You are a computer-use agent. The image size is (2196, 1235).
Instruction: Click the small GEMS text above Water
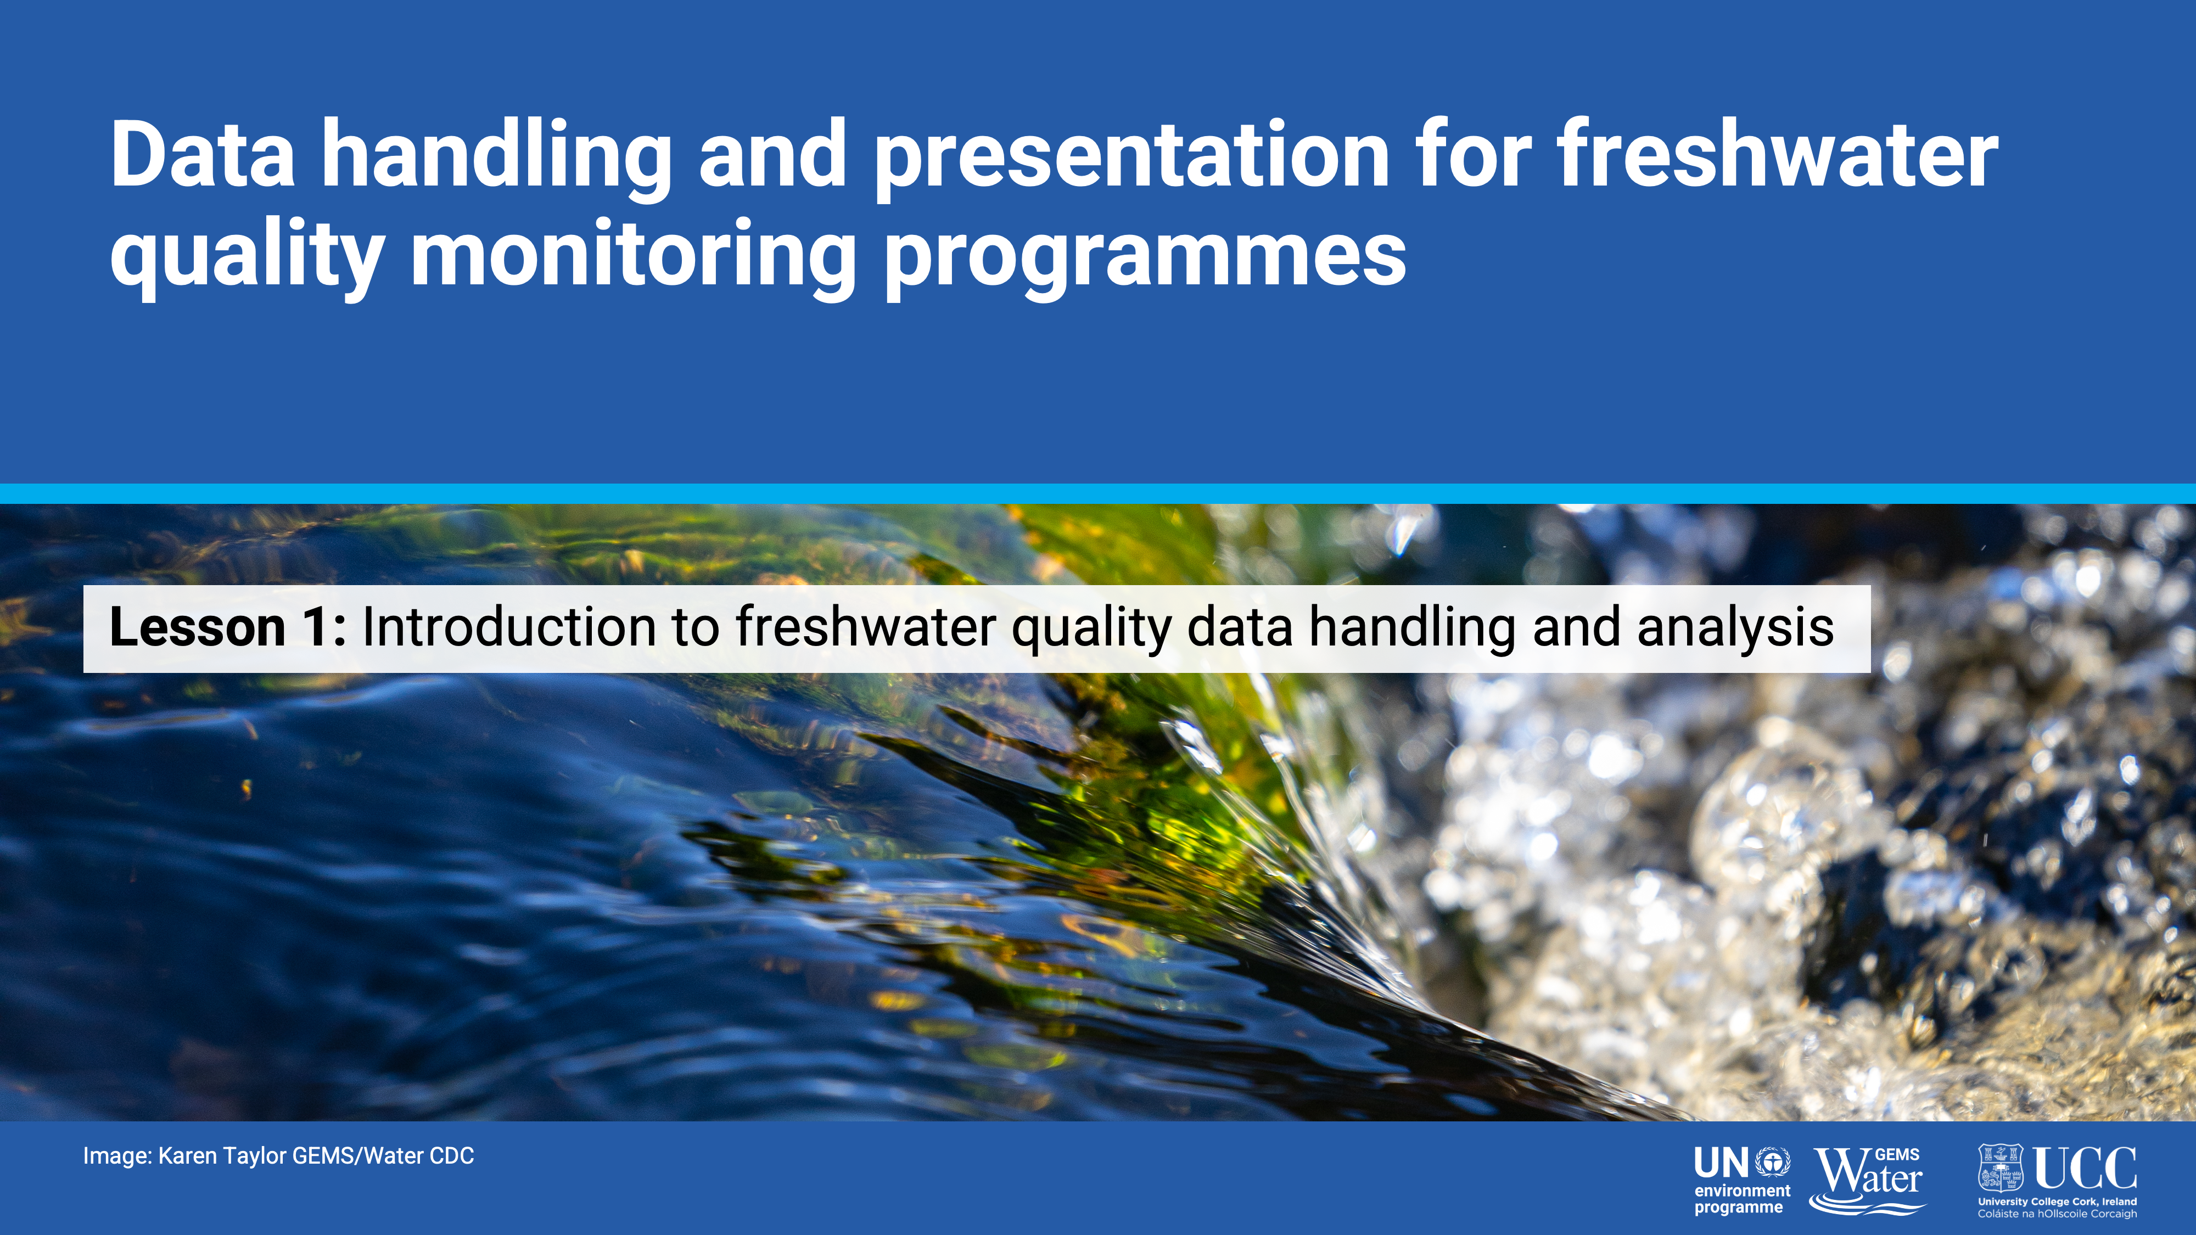coord(1898,1155)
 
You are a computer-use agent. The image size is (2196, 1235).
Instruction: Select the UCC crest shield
coord(2000,1167)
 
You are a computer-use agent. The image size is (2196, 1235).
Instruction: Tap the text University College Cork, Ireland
coord(2058,1202)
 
